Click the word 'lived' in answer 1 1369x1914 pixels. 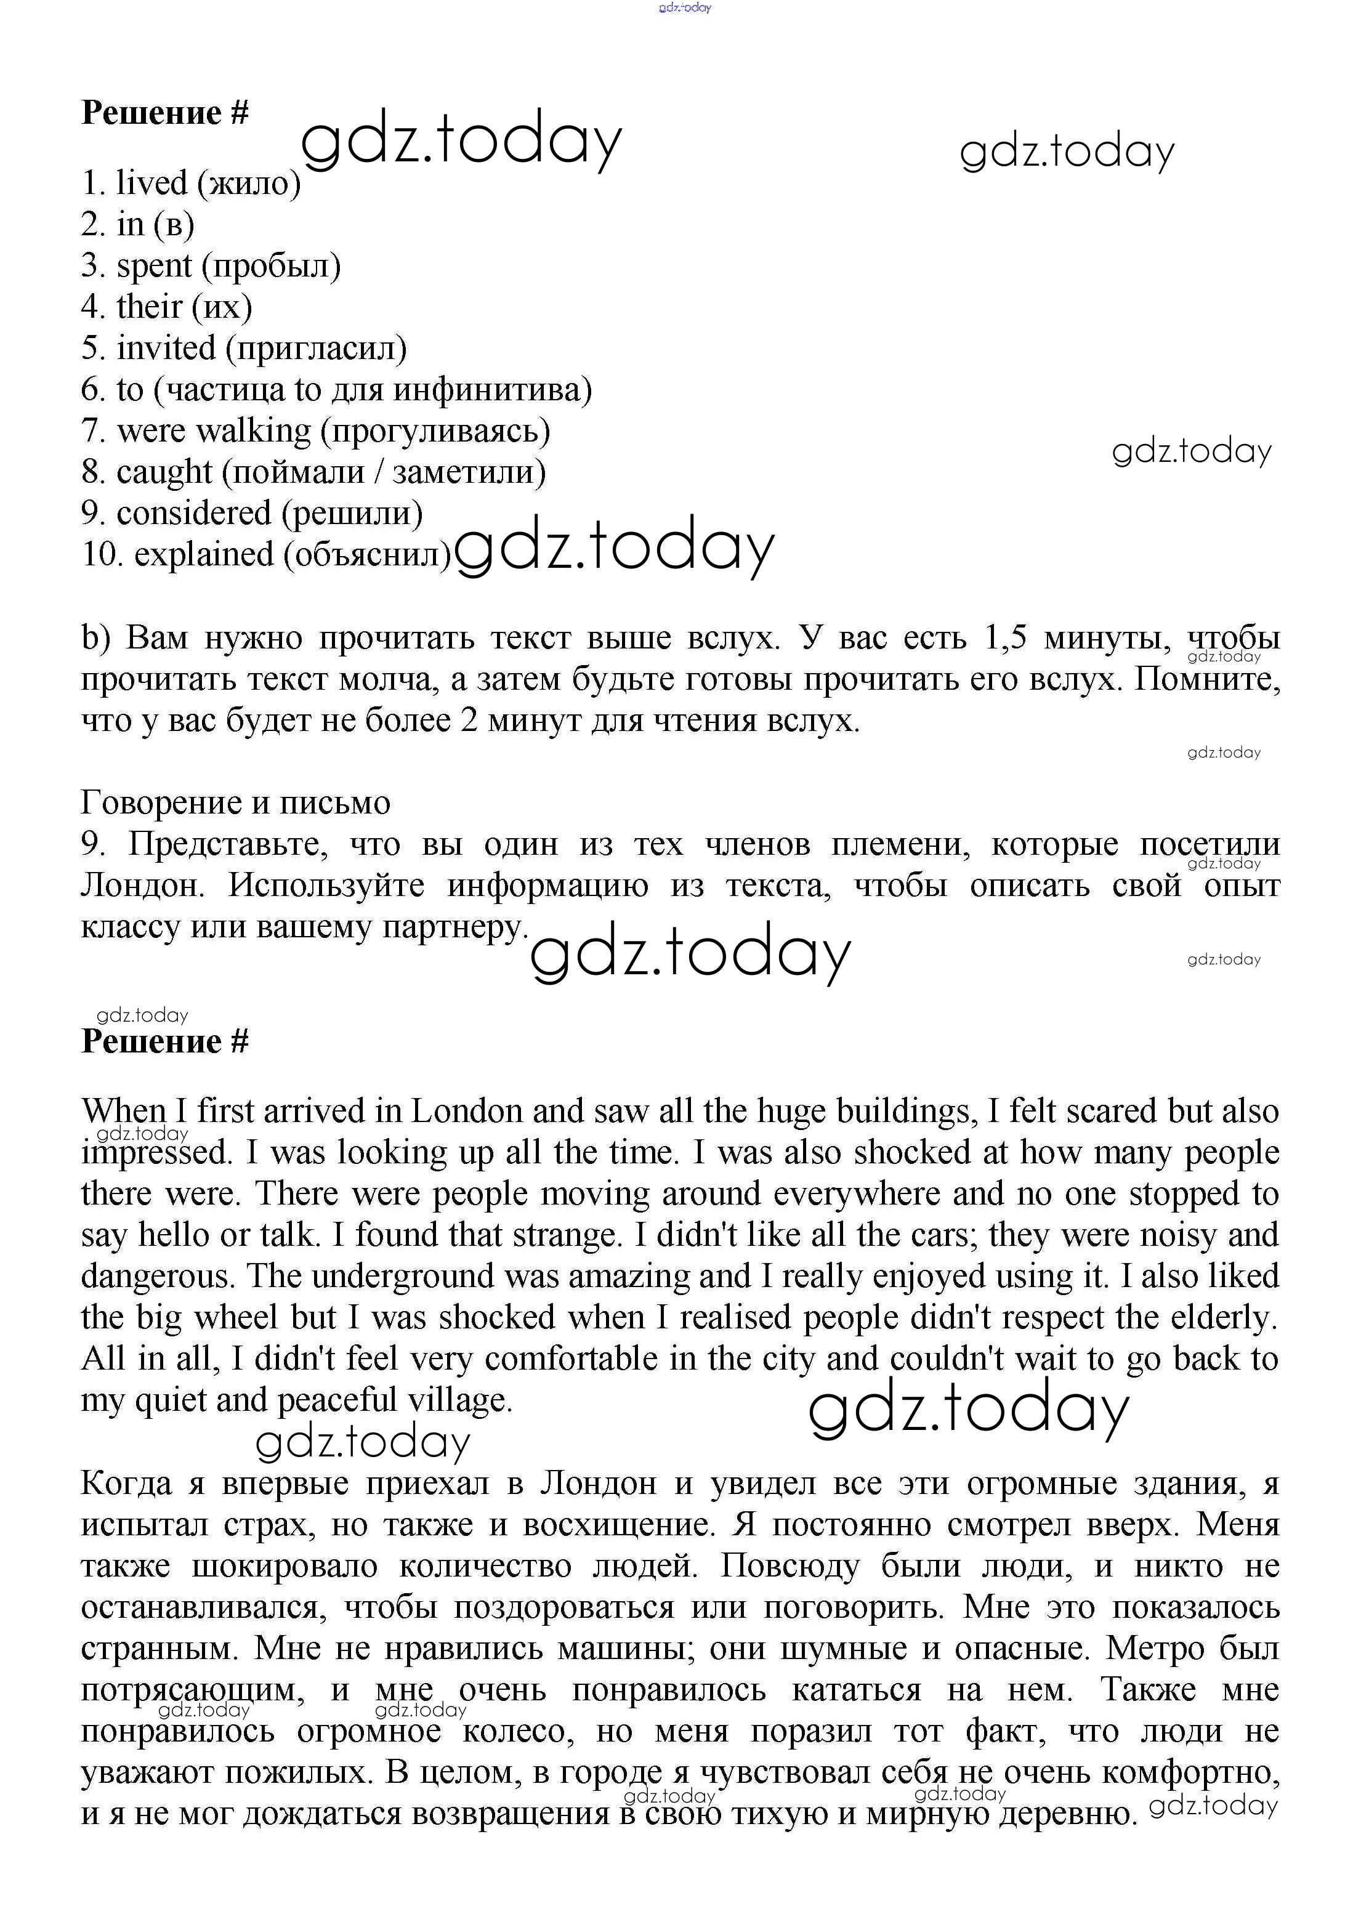tap(151, 183)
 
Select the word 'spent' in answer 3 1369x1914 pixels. tap(154, 266)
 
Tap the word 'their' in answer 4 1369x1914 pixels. tap(149, 307)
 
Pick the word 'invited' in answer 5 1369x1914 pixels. tap(166, 348)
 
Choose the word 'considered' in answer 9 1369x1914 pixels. tap(194, 513)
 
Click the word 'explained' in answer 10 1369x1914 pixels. tap(204, 555)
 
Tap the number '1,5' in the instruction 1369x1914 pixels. tap(1005, 638)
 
